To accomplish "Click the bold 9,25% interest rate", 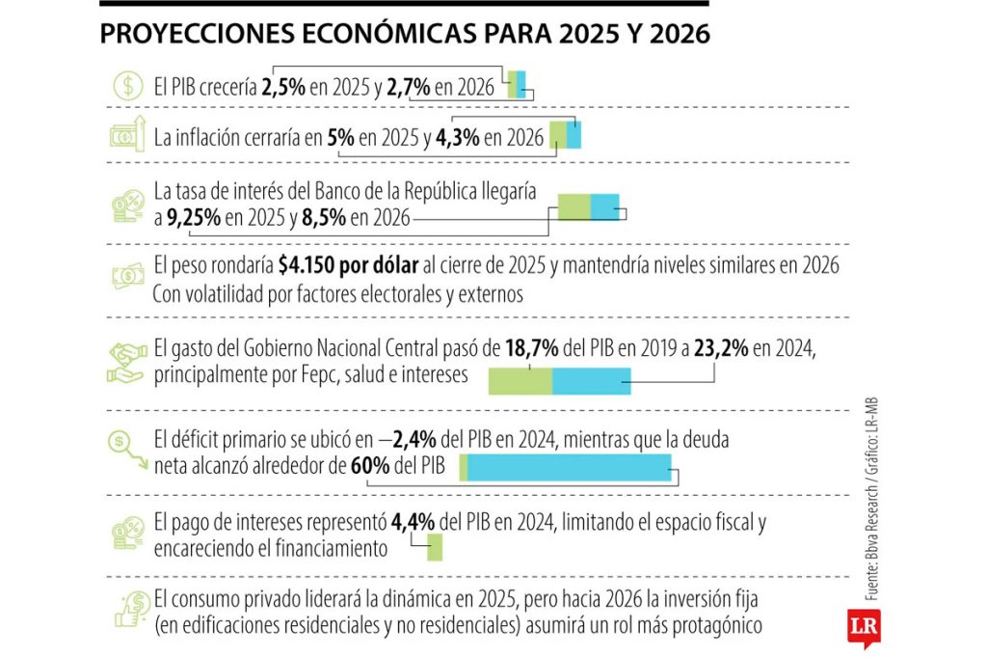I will pos(192,218).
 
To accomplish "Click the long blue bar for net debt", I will pos(569,469).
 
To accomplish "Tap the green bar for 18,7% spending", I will pos(520,381).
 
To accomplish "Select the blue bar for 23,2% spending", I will pos(592,381).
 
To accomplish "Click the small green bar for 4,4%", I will pos(435,548).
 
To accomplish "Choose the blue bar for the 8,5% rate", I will pos(604,207).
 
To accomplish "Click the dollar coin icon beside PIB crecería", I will pos(126,86).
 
